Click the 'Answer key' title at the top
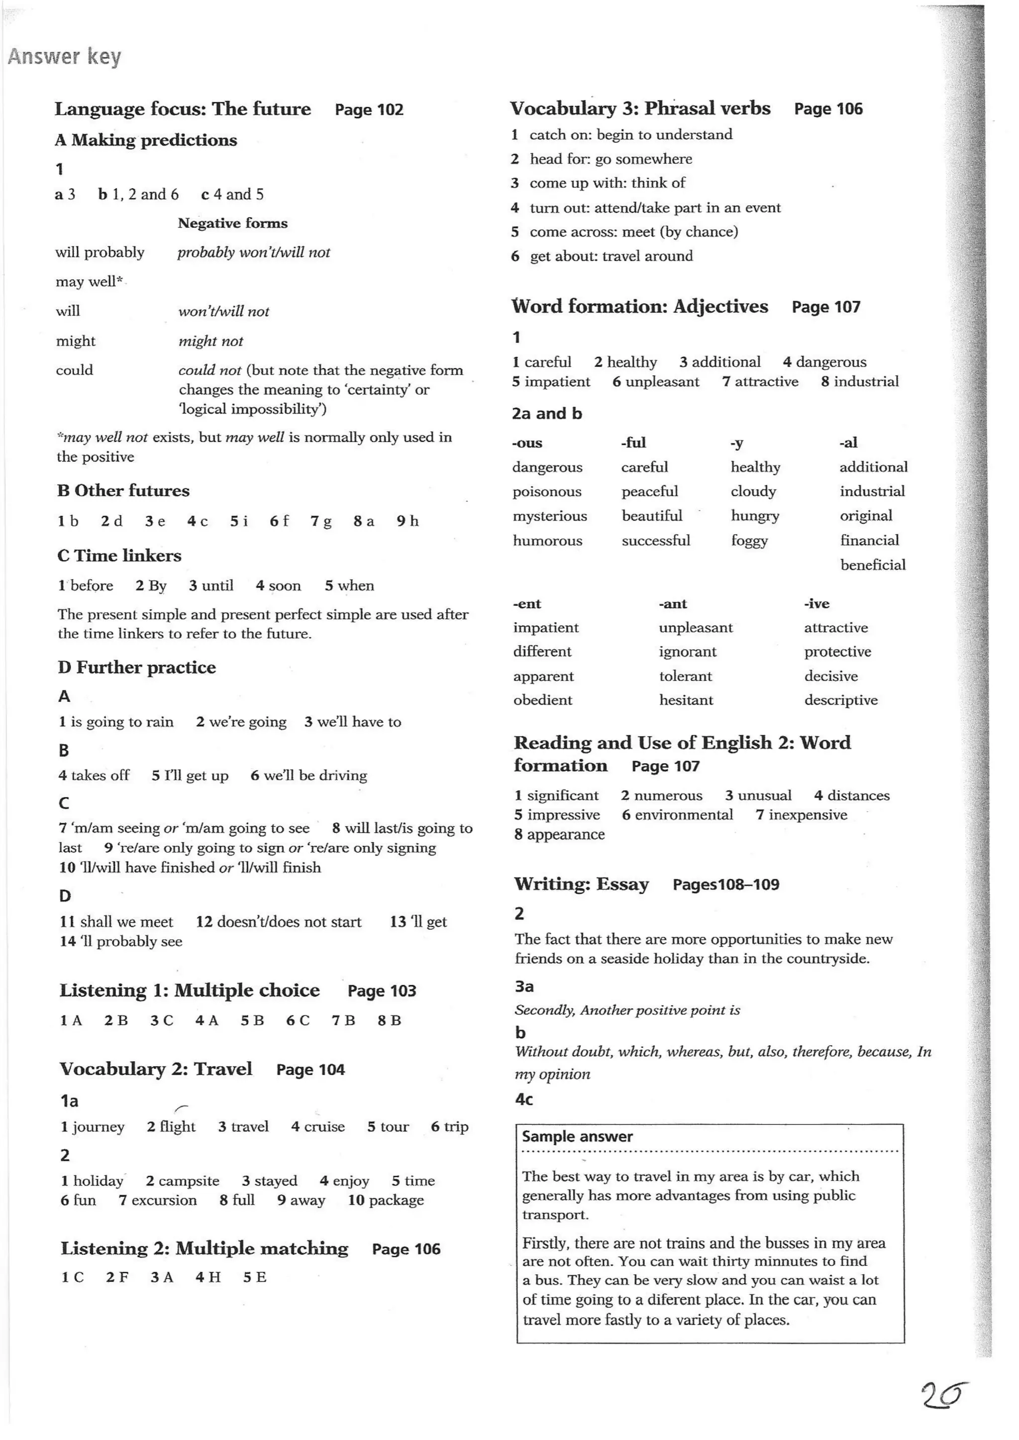click(64, 57)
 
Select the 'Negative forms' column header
click(232, 223)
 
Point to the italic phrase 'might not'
click(210, 341)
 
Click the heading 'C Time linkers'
click(119, 555)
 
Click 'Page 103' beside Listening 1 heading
click(382, 991)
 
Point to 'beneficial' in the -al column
click(872, 565)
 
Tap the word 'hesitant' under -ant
click(686, 700)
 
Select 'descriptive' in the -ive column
click(840, 700)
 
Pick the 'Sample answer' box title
click(577, 1136)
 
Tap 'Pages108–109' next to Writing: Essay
click(725, 885)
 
